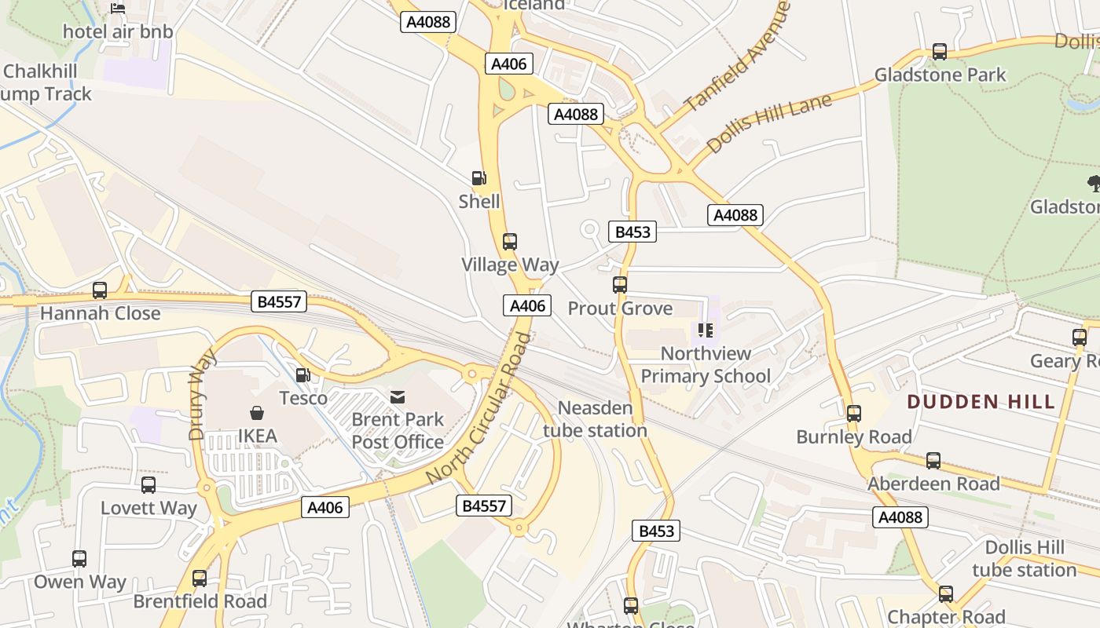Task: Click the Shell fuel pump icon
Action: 478,178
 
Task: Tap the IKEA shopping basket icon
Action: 257,412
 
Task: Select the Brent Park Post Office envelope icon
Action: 398,397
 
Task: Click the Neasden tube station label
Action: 595,419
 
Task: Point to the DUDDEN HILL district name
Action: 981,402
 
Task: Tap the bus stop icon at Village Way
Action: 510,241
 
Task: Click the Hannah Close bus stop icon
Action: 100,290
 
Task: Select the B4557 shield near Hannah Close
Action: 280,301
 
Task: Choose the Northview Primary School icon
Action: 705,330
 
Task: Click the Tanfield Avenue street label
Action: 736,57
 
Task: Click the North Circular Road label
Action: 479,408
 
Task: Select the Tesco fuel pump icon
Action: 302,376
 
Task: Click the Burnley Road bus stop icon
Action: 854,413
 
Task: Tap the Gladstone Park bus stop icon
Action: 939,52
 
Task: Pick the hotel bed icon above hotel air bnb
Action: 118,9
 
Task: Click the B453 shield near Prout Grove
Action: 632,232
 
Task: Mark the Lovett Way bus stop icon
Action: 148,485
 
